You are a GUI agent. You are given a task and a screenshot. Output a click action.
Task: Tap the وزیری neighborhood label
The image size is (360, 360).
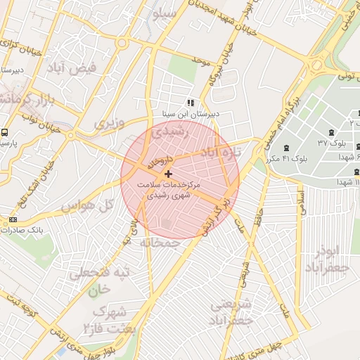pos(110,123)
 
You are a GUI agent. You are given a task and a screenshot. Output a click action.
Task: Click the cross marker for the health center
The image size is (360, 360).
pos(167,173)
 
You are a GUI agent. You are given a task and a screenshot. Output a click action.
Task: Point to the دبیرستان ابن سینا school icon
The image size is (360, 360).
pos(191,103)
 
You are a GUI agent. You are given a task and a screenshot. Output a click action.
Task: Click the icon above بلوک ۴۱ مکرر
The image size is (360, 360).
pos(285,148)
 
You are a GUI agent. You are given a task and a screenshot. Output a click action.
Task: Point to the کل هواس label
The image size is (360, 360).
pos(87,207)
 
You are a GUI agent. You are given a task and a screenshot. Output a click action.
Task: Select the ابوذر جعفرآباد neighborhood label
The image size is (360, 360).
pos(328,260)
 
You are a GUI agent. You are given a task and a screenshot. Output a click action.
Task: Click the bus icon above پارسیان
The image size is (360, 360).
pos(5,132)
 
